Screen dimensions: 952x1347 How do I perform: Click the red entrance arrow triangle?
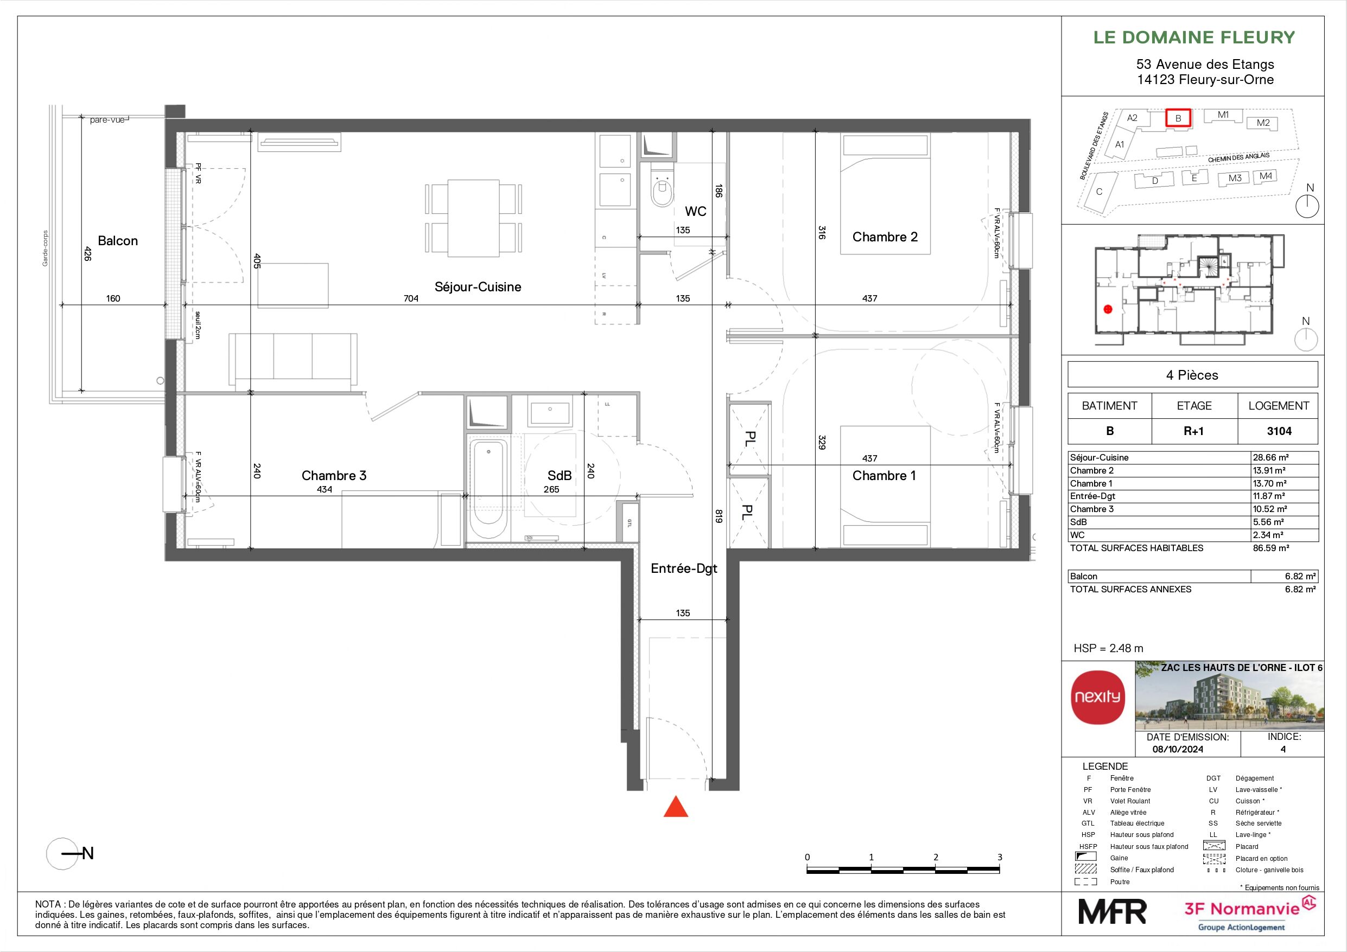tap(675, 808)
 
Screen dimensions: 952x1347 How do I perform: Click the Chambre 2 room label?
tap(885, 237)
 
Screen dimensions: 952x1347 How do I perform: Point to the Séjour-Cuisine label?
tap(478, 287)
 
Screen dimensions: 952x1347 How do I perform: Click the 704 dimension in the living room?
tap(411, 298)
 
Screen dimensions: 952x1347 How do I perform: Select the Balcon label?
tap(118, 241)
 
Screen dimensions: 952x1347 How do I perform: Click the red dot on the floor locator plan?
tap(1108, 309)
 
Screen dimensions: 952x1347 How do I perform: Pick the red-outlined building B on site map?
tap(1178, 118)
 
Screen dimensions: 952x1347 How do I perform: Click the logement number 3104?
tap(1279, 431)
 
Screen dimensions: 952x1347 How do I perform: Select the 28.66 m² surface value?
tap(1270, 457)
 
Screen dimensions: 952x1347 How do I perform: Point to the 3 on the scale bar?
tap(1000, 857)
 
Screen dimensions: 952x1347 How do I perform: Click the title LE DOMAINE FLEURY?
tap(1194, 37)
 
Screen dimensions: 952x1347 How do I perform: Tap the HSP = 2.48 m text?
tap(1108, 648)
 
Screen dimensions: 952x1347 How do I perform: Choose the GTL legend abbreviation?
tap(1088, 823)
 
